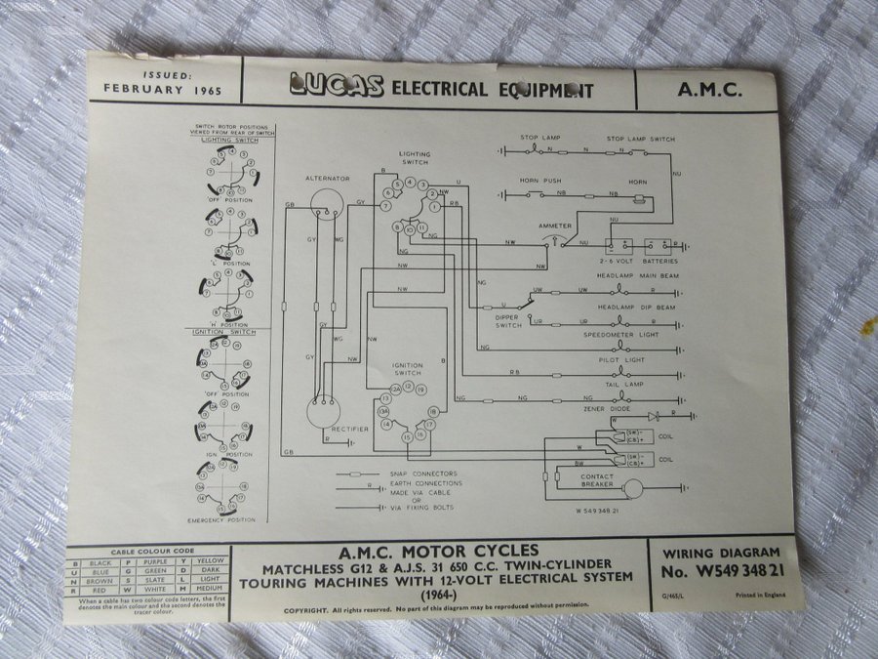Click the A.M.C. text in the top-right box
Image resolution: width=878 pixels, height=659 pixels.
click(708, 91)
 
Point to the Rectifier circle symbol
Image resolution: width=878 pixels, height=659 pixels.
click(324, 411)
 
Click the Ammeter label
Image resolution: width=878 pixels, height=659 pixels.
click(555, 226)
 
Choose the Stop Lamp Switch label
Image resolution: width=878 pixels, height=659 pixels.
click(640, 140)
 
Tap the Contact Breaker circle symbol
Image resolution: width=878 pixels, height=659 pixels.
click(635, 483)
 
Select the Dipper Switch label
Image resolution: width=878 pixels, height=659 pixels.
click(508, 320)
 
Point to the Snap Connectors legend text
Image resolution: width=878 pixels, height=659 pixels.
click(435, 474)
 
